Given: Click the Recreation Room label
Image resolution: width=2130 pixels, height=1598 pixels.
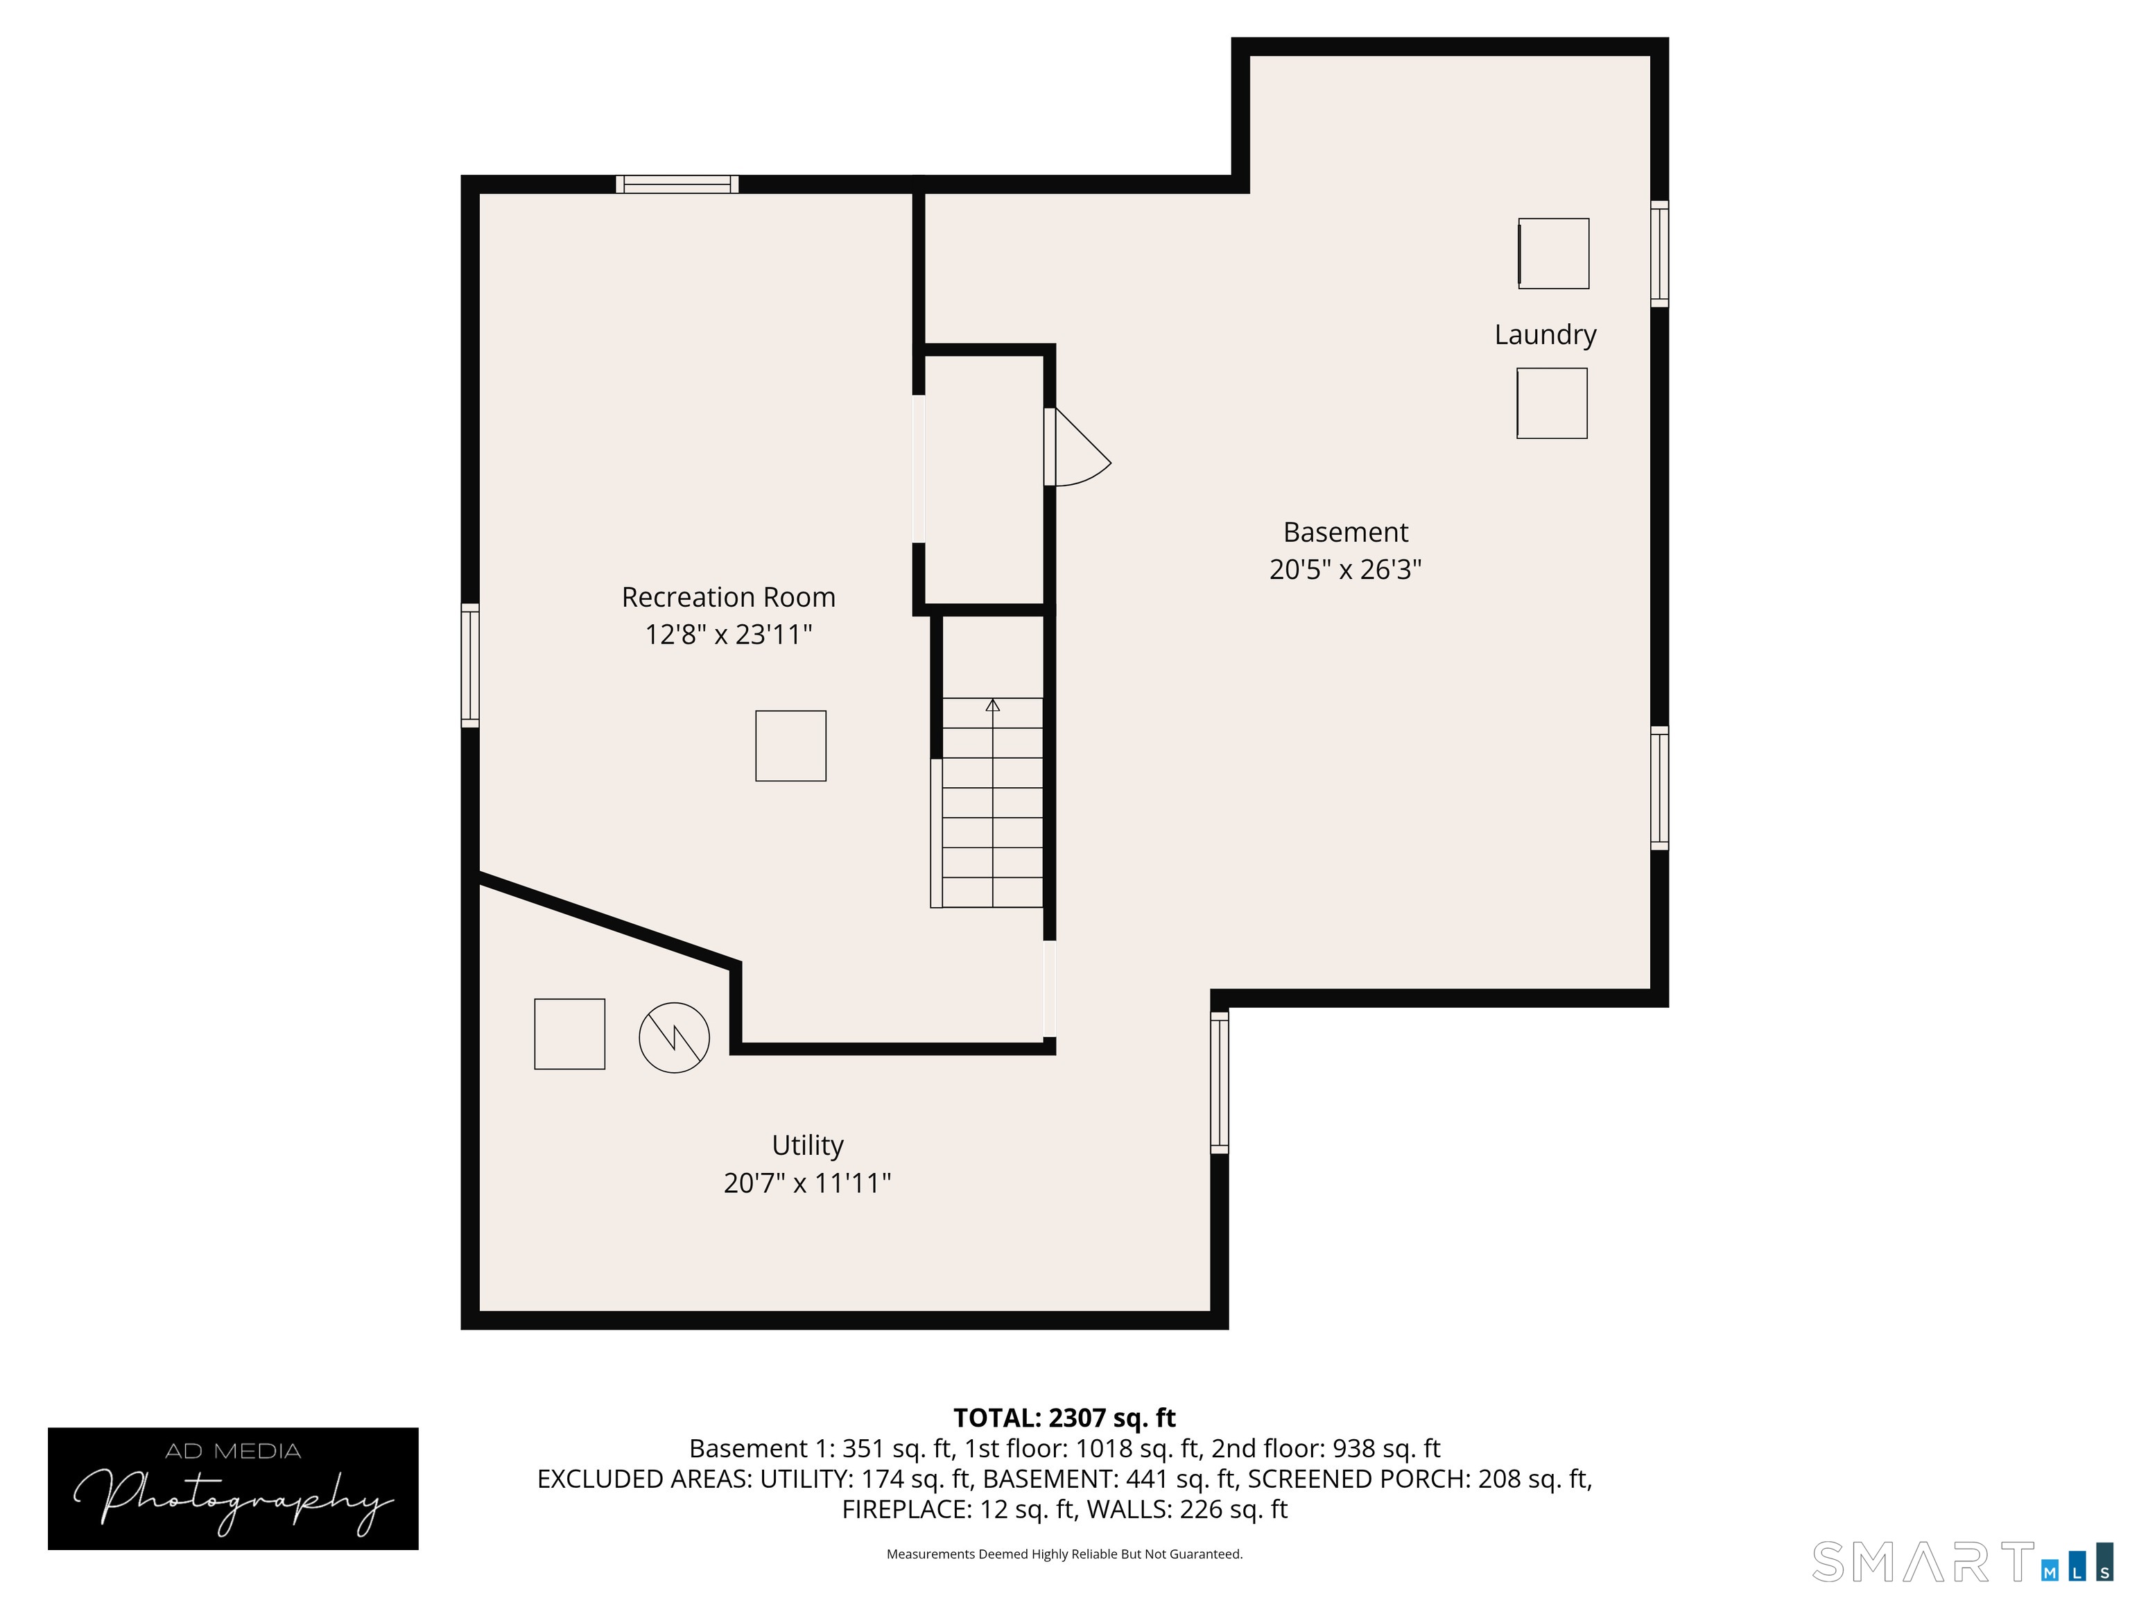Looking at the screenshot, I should (x=728, y=597).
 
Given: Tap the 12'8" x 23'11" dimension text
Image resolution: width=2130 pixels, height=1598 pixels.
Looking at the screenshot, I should (x=728, y=635).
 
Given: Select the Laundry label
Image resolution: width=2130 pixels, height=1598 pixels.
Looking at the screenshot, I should (x=1545, y=334).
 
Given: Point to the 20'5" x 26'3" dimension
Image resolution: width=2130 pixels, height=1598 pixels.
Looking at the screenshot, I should (x=1345, y=569).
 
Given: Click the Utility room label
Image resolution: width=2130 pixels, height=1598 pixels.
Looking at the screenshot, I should (x=807, y=1144).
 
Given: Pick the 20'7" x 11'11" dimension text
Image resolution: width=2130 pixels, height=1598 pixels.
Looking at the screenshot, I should (x=807, y=1183).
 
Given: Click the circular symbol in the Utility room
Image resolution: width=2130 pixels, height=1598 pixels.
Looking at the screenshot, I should (x=674, y=1038).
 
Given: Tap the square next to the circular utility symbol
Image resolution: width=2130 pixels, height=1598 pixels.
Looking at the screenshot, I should (x=569, y=1033).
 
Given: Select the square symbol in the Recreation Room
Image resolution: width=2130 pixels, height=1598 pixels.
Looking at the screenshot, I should (x=790, y=746).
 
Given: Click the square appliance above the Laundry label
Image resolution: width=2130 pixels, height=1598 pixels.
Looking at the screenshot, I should (x=1553, y=253).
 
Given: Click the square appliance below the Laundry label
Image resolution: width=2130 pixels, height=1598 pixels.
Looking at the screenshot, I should (x=1551, y=403).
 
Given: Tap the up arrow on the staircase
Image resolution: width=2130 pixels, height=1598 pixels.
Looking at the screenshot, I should (x=993, y=706).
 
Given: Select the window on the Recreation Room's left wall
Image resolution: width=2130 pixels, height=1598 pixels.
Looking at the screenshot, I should (x=470, y=664).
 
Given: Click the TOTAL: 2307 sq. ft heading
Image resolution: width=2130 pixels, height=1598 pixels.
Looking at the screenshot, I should (x=1064, y=1418).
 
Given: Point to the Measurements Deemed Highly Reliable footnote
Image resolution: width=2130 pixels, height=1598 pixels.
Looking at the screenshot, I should (x=1064, y=1554).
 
